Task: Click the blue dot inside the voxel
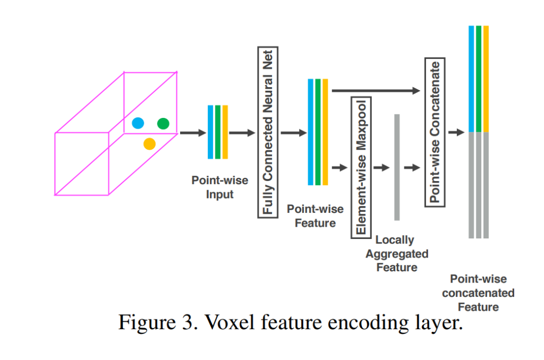pyautogui.click(x=138, y=124)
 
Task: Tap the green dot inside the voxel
pyautogui.click(x=164, y=124)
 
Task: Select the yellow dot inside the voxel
pyautogui.click(x=150, y=143)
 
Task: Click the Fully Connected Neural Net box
pyautogui.click(x=268, y=132)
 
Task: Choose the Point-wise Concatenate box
pyautogui.click(x=435, y=132)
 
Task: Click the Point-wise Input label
pyautogui.click(x=219, y=187)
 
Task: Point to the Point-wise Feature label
pyautogui.click(x=315, y=216)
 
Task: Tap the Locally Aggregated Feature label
pyautogui.click(x=396, y=254)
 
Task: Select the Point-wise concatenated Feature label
pyautogui.click(x=478, y=293)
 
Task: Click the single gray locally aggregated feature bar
pyautogui.click(x=397, y=167)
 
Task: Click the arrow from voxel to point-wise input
pyautogui.click(x=192, y=133)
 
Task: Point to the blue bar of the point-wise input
pyautogui.click(x=210, y=132)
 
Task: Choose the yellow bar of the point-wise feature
pyautogui.click(x=325, y=132)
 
